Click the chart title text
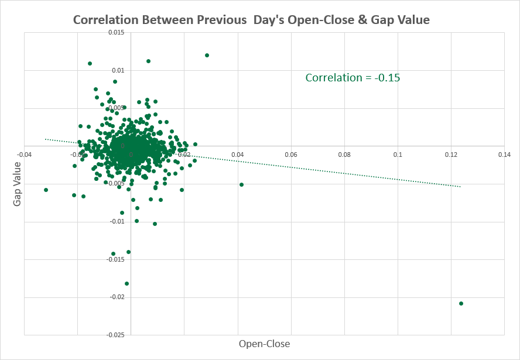tap(251, 20)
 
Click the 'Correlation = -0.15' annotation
tap(353, 77)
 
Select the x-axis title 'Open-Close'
tap(264, 344)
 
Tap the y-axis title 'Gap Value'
tap(17, 184)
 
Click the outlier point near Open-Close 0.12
tap(461, 303)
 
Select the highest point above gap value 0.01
tap(207, 55)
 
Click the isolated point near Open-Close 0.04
tap(241, 184)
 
